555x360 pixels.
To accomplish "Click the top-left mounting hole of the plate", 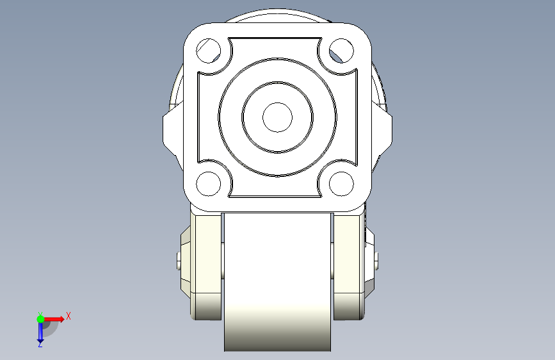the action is (x=209, y=51).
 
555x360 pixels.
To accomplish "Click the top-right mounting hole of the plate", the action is (x=342, y=51).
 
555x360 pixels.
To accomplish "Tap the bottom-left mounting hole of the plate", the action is (x=209, y=184).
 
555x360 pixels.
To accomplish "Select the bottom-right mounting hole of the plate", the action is (x=342, y=184).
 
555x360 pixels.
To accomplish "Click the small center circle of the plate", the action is (x=278, y=117).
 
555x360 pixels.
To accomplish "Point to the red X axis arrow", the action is (x=53, y=319).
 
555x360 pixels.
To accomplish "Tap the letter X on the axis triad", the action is (x=68, y=316).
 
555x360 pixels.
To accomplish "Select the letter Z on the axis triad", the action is (x=40, y=345).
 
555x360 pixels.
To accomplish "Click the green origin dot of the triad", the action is (x=40, y=319).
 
